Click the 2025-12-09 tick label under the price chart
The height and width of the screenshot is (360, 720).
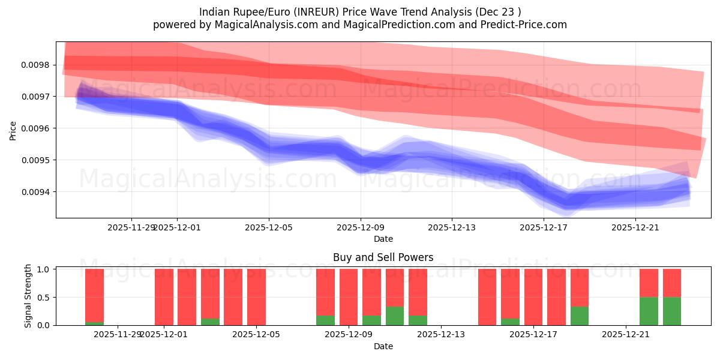361,227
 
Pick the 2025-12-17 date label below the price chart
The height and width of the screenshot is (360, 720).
544,227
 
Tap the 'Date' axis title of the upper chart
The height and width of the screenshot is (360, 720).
383,239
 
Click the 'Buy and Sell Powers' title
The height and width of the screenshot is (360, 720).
383,257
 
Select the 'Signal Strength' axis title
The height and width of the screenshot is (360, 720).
28,297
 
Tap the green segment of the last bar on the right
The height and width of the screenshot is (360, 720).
671,311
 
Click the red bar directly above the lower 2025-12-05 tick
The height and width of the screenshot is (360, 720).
256,297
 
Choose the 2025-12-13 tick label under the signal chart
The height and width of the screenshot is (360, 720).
440,334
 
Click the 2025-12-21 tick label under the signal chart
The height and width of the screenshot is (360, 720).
625,334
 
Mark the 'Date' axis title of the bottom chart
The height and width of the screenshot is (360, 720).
383,346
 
